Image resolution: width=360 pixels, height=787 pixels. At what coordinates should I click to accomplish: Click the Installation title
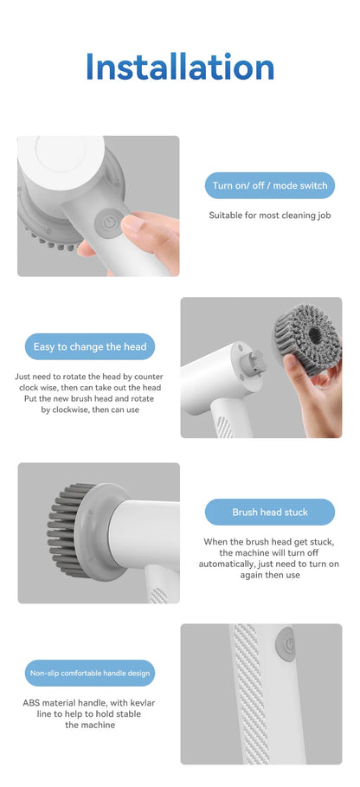click(180, 68)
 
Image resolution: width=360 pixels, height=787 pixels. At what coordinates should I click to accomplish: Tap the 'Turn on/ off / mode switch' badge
click(269, 185)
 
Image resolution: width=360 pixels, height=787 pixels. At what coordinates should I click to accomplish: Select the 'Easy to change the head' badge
click(90, 346)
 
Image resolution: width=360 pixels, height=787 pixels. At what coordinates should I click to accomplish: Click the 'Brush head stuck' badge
click(269, 512)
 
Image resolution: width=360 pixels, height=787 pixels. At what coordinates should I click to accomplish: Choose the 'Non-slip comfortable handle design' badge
click(90, 673)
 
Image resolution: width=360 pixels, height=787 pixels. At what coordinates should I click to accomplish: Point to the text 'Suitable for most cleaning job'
click(269, 215)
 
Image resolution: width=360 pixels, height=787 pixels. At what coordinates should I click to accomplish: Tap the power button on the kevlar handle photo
click(289, 645)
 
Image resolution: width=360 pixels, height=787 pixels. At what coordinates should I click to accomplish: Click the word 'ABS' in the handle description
click(32, 702)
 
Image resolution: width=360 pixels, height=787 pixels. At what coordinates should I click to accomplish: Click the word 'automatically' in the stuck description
click(234, 564)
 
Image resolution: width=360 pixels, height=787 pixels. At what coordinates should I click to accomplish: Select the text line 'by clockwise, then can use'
click(90, 410)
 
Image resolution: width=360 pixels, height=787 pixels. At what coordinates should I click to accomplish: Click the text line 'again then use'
click(269, 575)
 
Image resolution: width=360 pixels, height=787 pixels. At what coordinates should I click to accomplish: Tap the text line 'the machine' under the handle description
click(90, 725)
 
